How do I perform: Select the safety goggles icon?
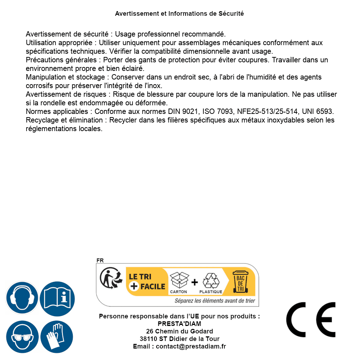click(22, 337)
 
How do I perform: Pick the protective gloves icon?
click(57, 337)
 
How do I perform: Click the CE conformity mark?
click(311, 320)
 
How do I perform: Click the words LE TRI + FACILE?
click(147, 282)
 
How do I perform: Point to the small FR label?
click(100, 260)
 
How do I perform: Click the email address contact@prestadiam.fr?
click(191, 346)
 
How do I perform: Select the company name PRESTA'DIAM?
click(179, 324)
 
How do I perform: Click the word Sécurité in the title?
click(231, 14)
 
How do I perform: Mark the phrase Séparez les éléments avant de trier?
click(215, 301)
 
